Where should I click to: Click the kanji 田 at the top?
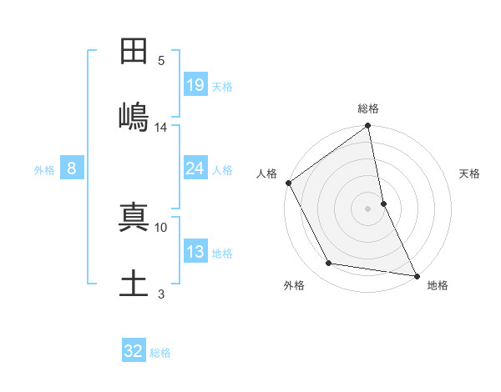click(x=134, y=52)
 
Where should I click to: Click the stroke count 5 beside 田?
click(x=161, y=60)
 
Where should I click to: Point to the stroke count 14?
click(x=161, y=128)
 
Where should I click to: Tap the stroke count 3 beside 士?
click(x=161, y=294)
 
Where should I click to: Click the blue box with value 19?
click(x=195, y=84)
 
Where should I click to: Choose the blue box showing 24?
click(x=195, y=168)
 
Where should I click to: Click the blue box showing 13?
click(x=195, y=252)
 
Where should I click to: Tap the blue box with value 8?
click(x=72, y=168)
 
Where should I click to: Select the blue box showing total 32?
click(x=134, y=351)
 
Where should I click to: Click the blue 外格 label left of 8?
click(x=44, y=169)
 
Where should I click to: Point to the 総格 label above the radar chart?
click(x=368, y=108)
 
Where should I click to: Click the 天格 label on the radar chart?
click(x=470, y=173)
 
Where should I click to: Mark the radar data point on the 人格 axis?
click(x=288, y=183)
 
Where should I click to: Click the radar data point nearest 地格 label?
click(x=417, y=274)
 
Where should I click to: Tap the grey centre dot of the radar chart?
click(x=368, y=209)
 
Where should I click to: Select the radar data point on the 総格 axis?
click(x=368, y=127)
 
